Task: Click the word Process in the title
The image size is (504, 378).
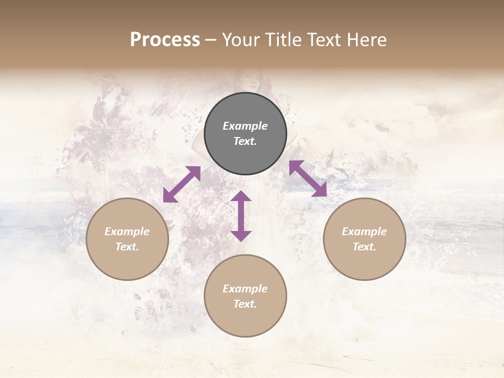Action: pos(165,40)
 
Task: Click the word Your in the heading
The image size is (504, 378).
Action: pos(241,40)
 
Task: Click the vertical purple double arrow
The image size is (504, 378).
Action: pos(241,216)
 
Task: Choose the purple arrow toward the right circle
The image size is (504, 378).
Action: pos(308,178)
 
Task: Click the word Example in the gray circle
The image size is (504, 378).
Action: pos(245,126)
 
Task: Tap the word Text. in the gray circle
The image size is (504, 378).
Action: pos(245,141)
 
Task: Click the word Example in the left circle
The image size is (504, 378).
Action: pos(127,232)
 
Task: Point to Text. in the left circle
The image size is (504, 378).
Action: pos(127,247)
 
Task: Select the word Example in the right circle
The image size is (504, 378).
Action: pos(364,232)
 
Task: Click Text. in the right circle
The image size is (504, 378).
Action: pos(364,247)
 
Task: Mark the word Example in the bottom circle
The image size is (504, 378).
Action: pos(245,289)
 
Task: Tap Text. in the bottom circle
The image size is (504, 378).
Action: pos(245,304)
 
